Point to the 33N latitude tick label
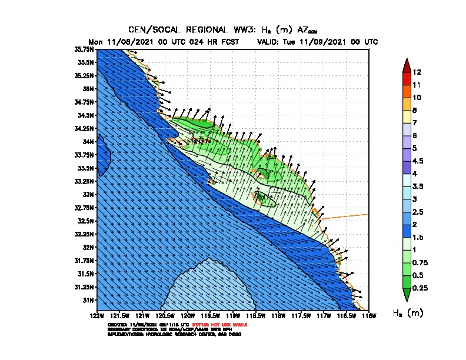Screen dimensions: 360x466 [x=88, y=194]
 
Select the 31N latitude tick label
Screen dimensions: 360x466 [x=88, y=300]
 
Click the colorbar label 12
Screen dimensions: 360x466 [x=417, y=72]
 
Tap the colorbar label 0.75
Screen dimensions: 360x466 [x=421, y=262]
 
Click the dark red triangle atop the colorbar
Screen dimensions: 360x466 [x=406, y=65]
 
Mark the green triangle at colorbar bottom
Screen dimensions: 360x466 [x=406, y=294]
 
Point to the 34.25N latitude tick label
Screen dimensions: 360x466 [x=85, y=128]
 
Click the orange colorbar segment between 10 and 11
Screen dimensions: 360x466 [x=406, y=91]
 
